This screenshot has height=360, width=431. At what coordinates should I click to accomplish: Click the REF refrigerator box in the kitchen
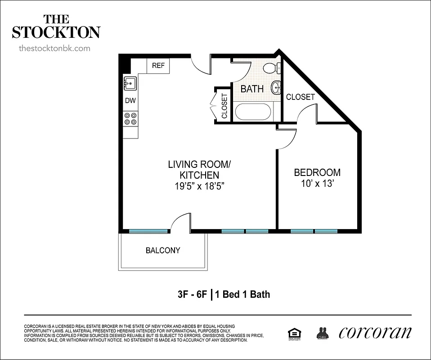[x=158, y=66]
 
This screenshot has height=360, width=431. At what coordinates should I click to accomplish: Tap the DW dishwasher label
[x=130, y=101]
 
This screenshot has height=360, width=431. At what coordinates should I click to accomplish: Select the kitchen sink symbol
[x=130, y=83]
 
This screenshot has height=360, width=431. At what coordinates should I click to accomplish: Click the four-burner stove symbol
[x=130, y=119]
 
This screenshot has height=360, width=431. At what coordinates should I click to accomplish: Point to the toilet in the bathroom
[x=271, y=68]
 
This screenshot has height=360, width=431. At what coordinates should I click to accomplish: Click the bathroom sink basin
[x=275, y=87]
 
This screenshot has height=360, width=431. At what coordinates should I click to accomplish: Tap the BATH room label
[x=252, y=89]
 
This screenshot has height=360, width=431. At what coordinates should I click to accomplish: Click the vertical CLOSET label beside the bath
[x=224, y=106]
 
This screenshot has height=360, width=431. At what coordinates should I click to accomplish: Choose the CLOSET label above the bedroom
[x=300, y=97]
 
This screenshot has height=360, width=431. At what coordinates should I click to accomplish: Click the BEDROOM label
[x=317, y=172]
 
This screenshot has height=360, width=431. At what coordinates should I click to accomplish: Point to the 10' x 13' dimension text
[x=317, y=184]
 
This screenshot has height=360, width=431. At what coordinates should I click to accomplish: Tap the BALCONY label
[x=163, y=251]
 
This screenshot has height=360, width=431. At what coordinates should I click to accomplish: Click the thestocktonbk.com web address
[x=55, y=48]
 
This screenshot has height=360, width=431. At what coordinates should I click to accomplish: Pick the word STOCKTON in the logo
[x=56, y=32]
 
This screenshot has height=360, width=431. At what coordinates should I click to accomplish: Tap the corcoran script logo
[x=374, y=333]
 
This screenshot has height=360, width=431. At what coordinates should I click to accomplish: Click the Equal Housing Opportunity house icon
[x=294, y=333]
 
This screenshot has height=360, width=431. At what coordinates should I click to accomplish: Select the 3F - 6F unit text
[x=193, y=295]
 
